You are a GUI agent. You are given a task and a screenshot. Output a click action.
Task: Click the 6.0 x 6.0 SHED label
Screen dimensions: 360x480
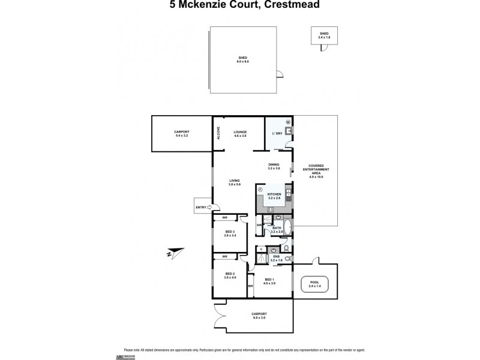(243, 59)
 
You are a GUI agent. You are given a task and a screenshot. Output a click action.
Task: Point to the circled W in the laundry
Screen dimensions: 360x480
(287, 122)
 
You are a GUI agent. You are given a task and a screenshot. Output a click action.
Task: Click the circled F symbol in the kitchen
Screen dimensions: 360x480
(260, 189)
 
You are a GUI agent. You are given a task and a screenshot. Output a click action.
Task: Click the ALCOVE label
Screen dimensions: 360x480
(218, 134)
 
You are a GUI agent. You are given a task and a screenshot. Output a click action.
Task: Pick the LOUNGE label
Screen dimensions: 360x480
(241, 133)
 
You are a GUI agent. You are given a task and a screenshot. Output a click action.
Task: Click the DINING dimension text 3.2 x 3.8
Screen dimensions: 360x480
(275, 169)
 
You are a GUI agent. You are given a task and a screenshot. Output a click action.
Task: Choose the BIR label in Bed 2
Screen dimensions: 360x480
(224, 257)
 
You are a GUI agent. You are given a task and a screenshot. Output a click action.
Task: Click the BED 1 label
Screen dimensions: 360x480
(269, 280)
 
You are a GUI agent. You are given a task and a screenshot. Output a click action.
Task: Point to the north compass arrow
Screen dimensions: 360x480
(172, 253)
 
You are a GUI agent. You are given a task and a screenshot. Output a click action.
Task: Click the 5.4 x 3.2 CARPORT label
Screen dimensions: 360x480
(182, 134)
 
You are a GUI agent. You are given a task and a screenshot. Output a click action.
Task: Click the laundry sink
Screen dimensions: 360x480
(289, 132)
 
